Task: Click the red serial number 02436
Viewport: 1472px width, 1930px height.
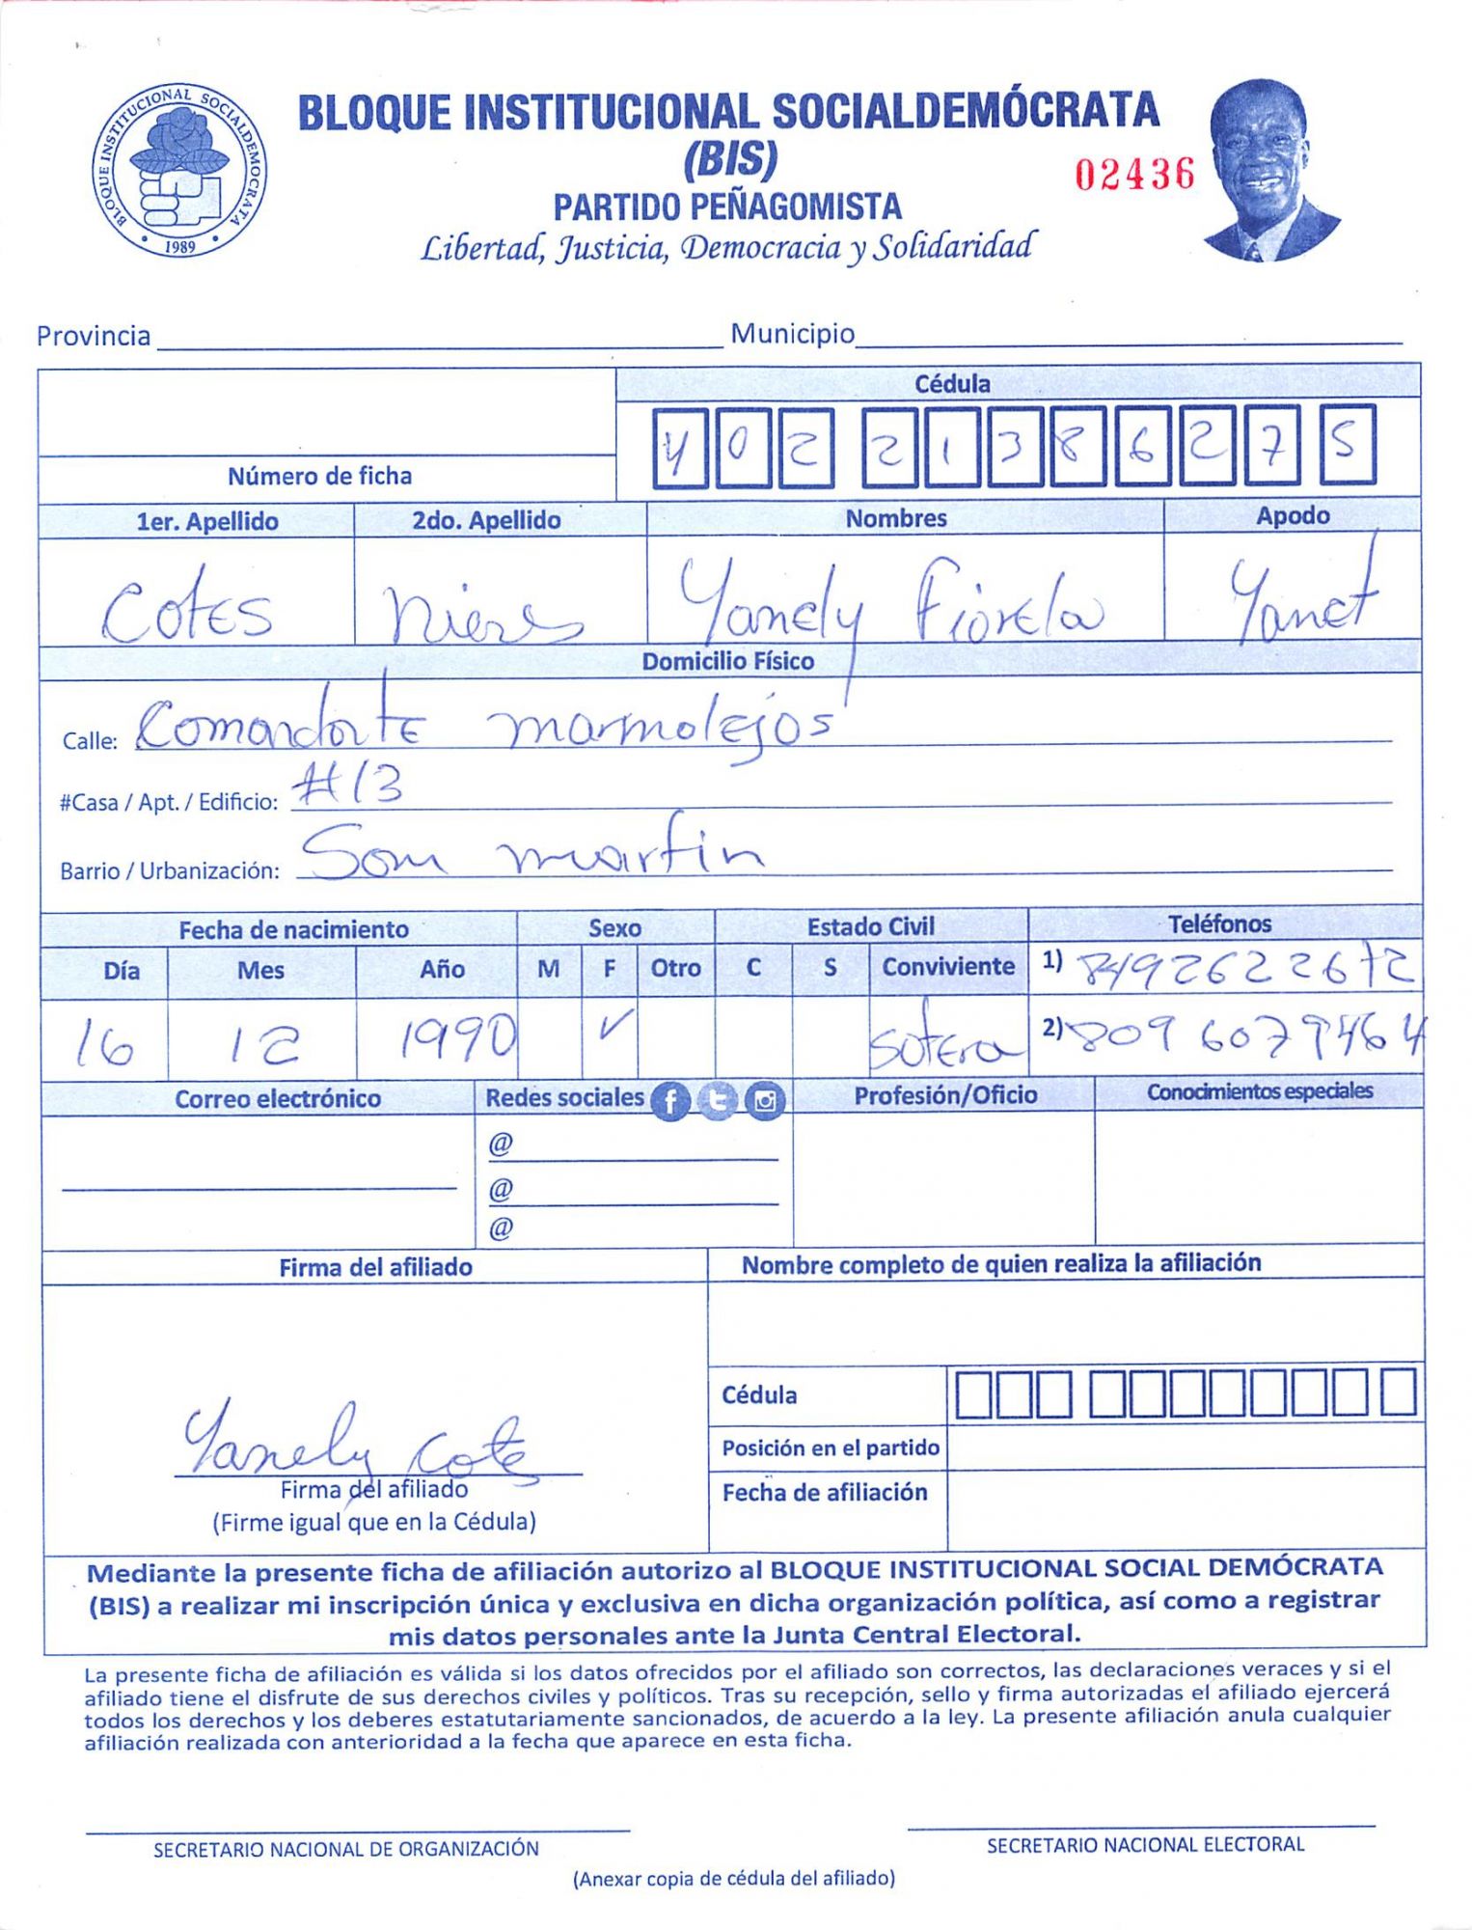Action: click(1134, 175)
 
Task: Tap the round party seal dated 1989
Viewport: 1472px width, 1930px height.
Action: click(180, 171)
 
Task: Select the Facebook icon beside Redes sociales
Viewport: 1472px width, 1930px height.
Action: click(671, 1100)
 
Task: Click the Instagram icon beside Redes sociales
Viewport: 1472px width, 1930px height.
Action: click(765, 1100)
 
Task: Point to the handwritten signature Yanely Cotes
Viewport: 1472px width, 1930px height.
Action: click(357, 1444)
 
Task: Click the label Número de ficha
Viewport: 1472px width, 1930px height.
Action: click(319, 476)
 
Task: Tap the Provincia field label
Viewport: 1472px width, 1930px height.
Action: click(94, 336)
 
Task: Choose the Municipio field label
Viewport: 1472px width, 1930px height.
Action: click(792, 334)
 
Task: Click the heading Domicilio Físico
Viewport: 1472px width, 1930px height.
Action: click(728, 661)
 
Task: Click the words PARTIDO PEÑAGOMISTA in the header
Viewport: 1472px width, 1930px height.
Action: click(727, 207)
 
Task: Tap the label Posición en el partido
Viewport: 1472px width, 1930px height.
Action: click(831, 1447)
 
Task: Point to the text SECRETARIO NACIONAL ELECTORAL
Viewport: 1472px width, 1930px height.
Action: click(1145, 1845)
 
